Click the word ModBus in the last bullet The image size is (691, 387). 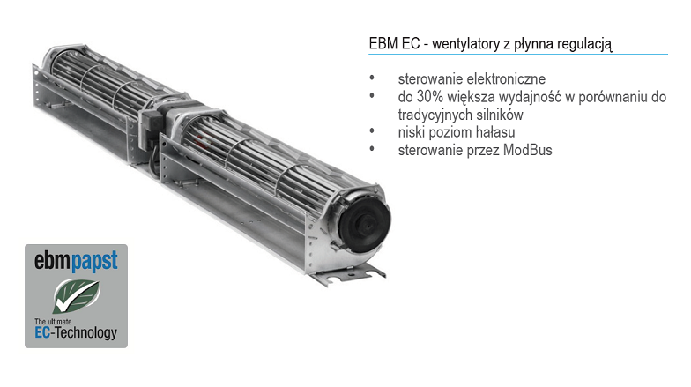point(527,150)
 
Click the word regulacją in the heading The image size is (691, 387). point(584,44)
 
